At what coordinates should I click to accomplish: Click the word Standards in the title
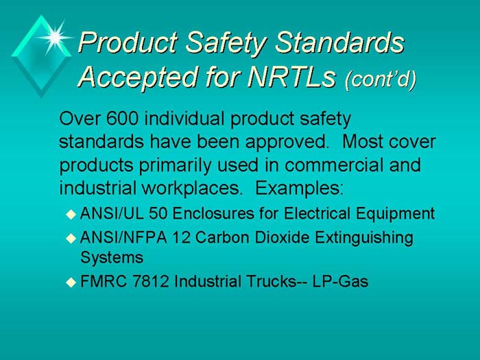341,43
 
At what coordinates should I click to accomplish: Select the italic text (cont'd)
381,80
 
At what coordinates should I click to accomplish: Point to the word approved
291,143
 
